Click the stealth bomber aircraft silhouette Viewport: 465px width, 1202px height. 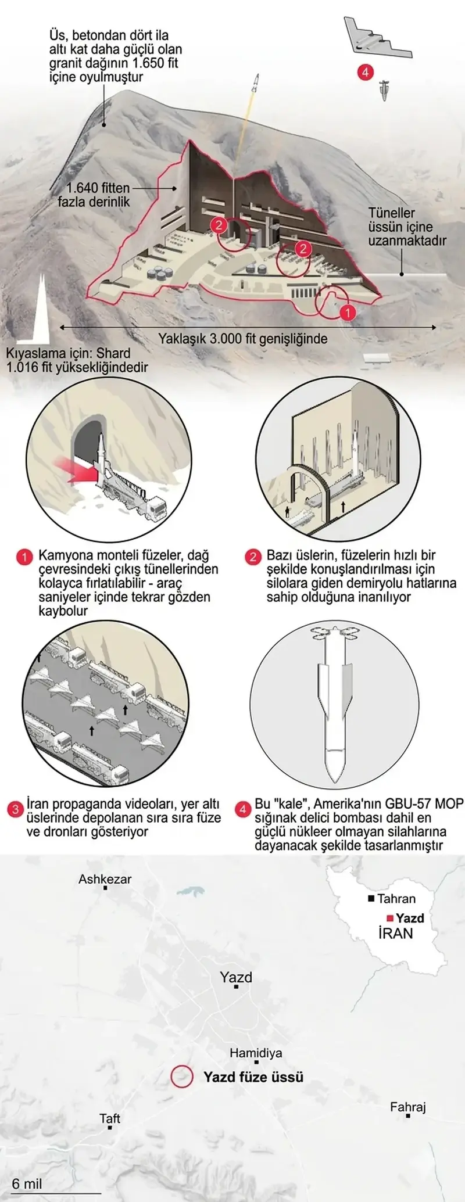[378, 39]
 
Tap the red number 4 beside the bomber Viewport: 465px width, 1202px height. [366, 73]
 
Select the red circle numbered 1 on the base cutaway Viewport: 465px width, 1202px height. [347, 313]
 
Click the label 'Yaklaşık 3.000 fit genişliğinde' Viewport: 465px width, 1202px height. [243, 339]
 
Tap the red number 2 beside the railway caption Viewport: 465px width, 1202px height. [253, 557]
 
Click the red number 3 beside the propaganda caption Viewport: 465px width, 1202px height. [15, 809]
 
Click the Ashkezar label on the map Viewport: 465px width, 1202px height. [105, 879]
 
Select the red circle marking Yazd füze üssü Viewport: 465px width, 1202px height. [181, 1076]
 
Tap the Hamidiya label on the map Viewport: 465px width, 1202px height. [256, 1053]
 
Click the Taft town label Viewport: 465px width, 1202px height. [110, 1118]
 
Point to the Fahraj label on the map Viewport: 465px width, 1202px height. [408, 1107]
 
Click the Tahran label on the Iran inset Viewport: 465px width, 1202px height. [396, 899]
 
